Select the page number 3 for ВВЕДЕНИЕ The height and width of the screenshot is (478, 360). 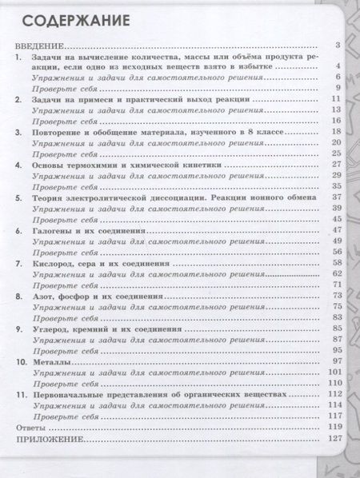tap(339, 47)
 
